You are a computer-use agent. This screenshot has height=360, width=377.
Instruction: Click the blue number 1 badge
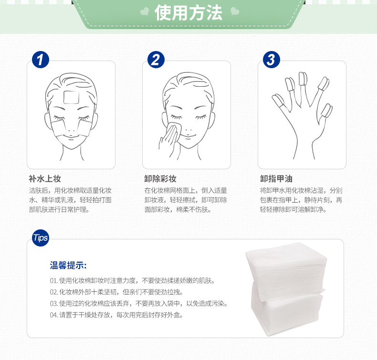41,60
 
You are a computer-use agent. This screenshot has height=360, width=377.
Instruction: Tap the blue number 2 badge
156,60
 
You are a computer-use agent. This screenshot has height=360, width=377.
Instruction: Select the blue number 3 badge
271,60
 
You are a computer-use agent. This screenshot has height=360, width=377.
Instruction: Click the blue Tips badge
41,238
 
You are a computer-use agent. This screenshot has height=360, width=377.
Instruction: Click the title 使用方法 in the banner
188,12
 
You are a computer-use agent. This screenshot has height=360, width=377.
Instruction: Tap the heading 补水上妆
45,179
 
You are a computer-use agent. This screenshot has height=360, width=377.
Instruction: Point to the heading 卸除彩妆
160,179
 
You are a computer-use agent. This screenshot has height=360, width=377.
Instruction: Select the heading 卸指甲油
276,179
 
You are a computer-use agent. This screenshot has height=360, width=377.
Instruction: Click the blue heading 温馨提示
68,266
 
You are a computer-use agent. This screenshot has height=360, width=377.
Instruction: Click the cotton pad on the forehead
72,97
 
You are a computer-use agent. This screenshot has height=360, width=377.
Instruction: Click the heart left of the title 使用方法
145,11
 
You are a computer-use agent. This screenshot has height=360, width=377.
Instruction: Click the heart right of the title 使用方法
235,11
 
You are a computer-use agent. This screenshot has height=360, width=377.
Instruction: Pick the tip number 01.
53,280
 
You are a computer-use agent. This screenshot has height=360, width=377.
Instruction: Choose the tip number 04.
53,315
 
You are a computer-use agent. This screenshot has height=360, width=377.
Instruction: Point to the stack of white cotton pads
286,289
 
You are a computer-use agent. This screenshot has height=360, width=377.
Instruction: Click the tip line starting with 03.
139,304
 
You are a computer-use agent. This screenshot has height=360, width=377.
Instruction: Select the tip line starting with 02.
116,292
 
